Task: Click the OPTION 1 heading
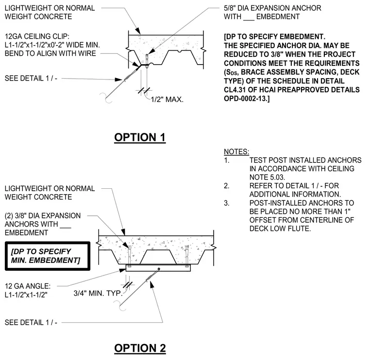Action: (x=140, y=137)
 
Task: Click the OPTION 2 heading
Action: (x=140, y=348)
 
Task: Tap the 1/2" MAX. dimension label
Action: (x=167, y=99)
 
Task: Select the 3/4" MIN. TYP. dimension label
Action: (x=98, y=293)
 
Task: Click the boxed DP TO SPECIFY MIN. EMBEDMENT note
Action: (x=47, y=256)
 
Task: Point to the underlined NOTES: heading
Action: (x=236, y=152)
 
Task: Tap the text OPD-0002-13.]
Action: (x=247, y=98)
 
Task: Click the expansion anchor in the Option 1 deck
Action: (x=147, y=61)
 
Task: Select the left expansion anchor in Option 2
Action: (x=130, y=256)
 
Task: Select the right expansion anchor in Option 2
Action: (x=186, y=256)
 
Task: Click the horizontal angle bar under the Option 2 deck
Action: (x=158, y=268)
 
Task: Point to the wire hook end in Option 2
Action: (x=120, y=306)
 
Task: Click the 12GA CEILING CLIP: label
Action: (x=37, y=36)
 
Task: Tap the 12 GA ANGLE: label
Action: (x=28, y=286)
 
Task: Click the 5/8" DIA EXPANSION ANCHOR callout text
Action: (x=272, y=8)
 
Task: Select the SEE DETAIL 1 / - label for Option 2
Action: (x=31, y=322)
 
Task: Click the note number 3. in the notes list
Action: (x=226, y=203)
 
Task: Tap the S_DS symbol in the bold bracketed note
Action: (x=231, y=72)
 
